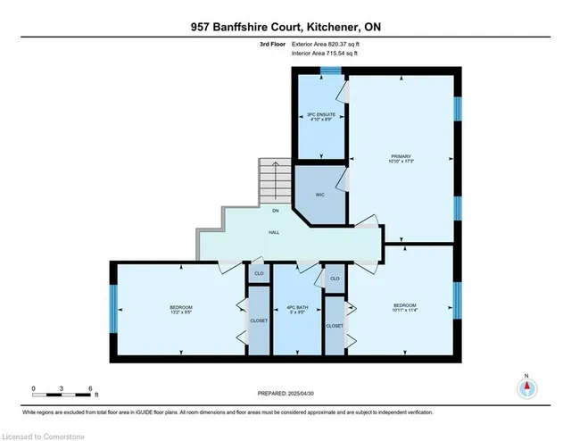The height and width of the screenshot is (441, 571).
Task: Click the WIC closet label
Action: click(319, 194)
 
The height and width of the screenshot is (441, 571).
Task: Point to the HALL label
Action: click(276, 231)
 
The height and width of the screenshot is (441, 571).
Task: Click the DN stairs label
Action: click(276, 211)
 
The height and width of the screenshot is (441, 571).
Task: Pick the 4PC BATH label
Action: click(296, 310)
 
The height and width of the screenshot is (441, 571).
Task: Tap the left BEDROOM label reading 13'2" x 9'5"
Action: click(181, 310)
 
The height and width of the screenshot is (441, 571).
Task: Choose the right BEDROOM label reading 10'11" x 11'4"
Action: click(404, 307)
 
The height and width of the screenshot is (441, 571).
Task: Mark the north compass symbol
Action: click(527, 388)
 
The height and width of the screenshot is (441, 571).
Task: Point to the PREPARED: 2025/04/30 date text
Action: click(285, 392)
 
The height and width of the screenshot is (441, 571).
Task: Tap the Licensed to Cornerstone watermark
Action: click(44, 434)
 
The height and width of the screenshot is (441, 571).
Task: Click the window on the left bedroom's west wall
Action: click(113, 310)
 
